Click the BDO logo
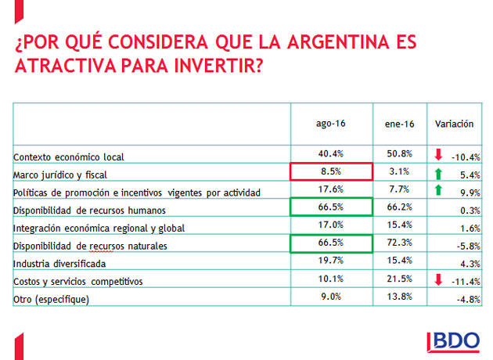click(456, 341)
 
